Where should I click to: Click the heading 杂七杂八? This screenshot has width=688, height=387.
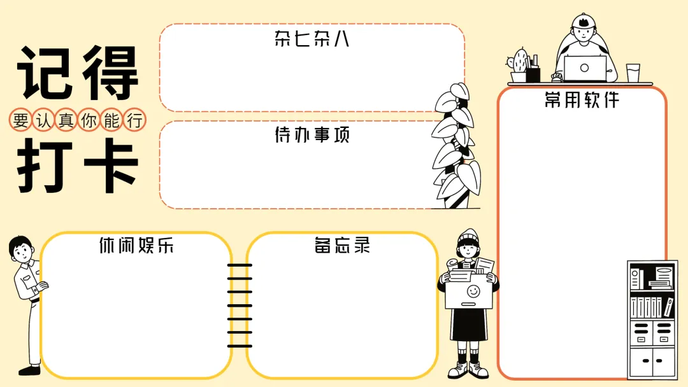point(312,39)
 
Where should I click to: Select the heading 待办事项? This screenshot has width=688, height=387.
point(312,135)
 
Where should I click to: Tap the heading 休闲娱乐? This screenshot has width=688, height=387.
point(136,246)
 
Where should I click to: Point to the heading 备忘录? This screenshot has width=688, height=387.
point(342,246)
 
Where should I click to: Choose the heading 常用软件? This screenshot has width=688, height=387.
point(582,100)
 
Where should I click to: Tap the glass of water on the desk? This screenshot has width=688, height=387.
point(633,73)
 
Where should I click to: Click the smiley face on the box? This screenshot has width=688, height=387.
point(473,292)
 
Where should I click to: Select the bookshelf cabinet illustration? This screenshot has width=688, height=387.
point(652,320)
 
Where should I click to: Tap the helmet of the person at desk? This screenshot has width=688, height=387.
point(583,22)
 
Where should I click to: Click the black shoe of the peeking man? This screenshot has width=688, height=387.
point(29,369)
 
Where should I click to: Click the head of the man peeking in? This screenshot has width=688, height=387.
point(21,250)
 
